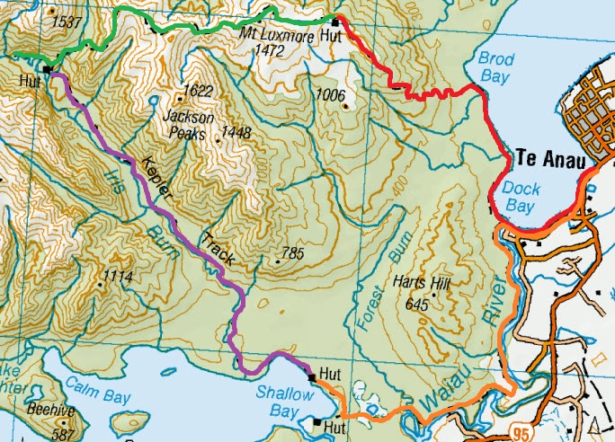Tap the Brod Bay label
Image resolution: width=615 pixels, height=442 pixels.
[496, 67]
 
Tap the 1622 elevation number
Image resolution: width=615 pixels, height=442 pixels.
[197, 91]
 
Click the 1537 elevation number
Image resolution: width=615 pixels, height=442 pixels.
[67, 21]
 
